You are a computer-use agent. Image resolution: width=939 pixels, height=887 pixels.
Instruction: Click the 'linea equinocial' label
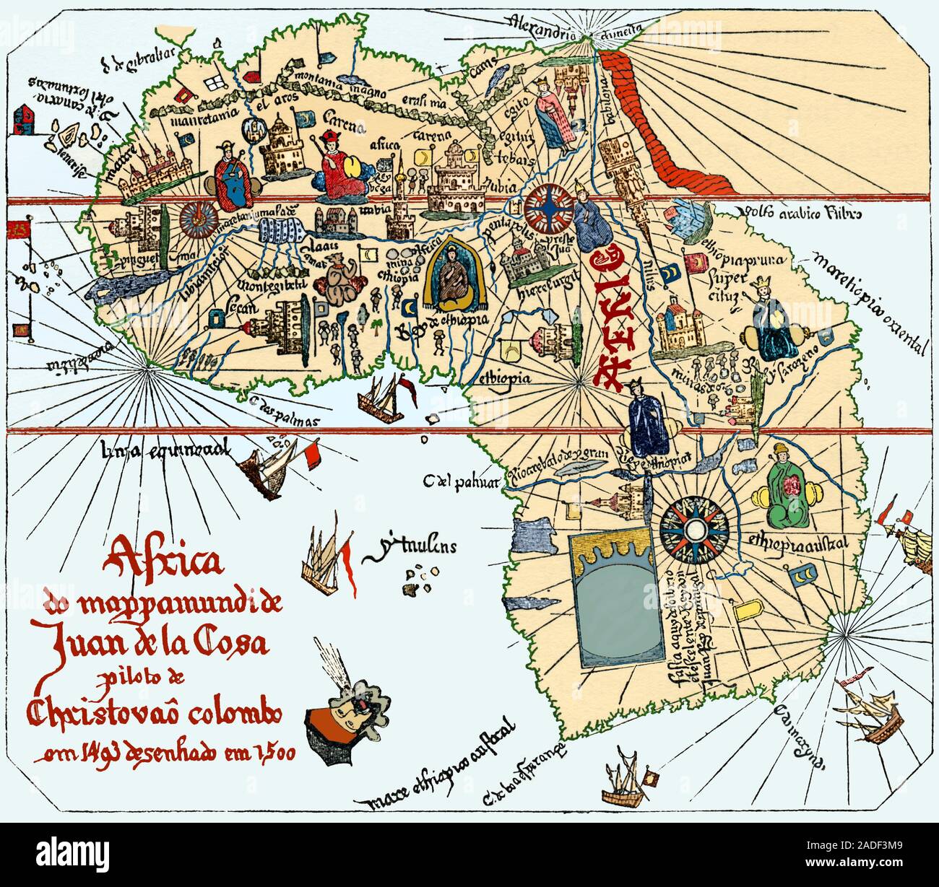pyautogui.click(x=167, y=450)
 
